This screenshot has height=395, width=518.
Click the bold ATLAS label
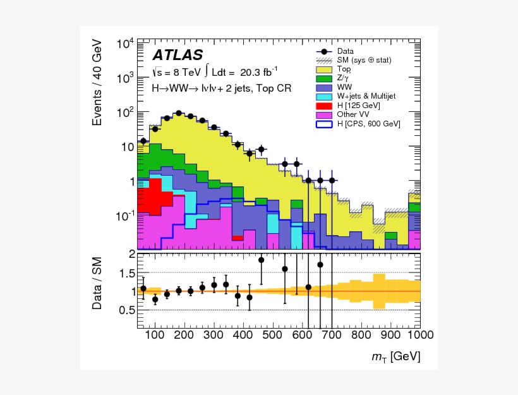coord(178,56)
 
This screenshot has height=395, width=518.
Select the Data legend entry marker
coord(323,51)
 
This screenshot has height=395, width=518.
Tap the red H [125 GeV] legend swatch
coord(323,105)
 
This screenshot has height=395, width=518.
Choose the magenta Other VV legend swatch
coord(323,114)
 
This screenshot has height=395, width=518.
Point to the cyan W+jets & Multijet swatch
coord(323,96)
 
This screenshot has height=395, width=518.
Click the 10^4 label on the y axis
coord(124,44)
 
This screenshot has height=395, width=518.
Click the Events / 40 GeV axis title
coord(97,82)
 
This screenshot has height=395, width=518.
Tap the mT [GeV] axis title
coord(395,358)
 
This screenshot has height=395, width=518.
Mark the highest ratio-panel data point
coord(261,260)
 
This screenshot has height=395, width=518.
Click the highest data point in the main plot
coord(179,113)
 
